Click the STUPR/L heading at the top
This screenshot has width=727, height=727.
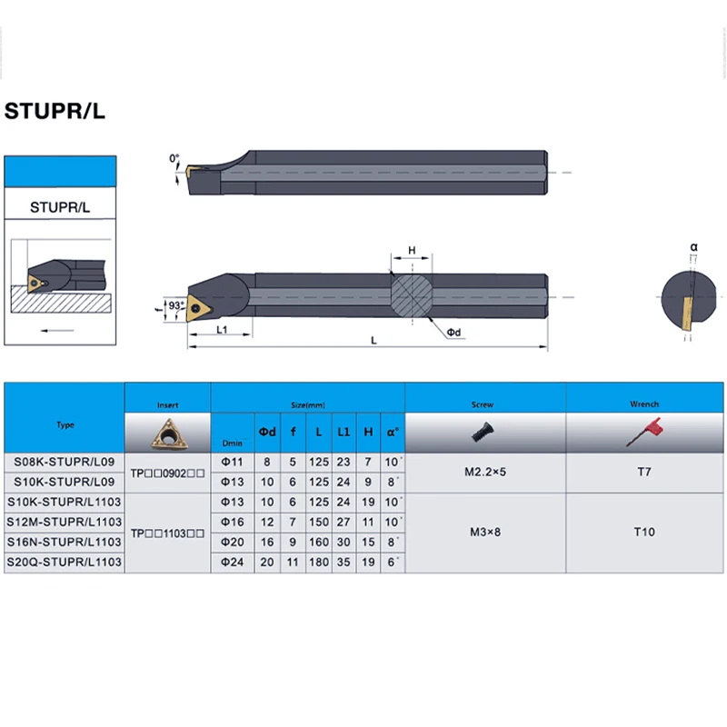point(55,112)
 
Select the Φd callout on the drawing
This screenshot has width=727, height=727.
point(454,333)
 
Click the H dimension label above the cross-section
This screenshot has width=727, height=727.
point(412,250)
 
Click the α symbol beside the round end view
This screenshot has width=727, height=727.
point(694,246)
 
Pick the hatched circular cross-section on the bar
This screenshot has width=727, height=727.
point(412,295)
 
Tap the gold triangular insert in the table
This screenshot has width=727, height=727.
point(167,432)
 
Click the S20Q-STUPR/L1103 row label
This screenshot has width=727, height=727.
point(65,563)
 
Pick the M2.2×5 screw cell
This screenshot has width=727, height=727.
point(484,472)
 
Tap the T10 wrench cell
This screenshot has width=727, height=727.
point(643,532)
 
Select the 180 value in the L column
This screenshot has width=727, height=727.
point(317,563)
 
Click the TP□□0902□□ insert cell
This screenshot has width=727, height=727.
point(167,472)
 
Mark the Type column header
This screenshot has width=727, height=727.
point(65,424)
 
